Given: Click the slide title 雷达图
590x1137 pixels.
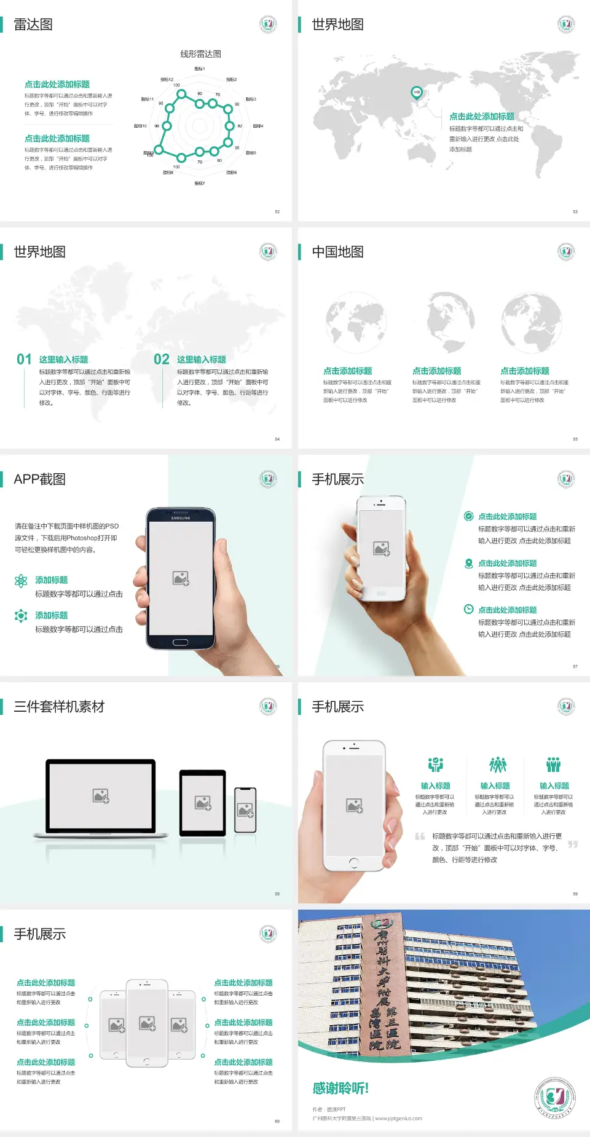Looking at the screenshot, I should (x=33, y=25).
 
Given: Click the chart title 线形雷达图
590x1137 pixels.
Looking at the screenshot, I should (x=200, y=54).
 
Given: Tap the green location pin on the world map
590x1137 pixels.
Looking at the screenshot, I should (x=416, y=93).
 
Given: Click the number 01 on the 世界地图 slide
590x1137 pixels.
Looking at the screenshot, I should (x=24, y=360).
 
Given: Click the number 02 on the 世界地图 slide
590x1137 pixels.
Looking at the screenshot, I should (x=162, y=360).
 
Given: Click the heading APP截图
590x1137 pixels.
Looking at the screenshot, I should (x=40, y=479).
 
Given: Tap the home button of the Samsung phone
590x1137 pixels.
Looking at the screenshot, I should (x=180, y=642).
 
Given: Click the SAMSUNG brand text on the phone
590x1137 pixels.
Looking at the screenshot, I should (x=180, y=518).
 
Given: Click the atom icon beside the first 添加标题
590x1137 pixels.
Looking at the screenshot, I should (x=21, y=581).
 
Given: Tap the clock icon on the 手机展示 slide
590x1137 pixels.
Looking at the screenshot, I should (x=468, y=609).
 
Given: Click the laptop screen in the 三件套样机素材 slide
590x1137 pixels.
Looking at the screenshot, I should (x=101, y=796).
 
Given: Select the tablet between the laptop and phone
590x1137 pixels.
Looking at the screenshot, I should (x=203, y=802).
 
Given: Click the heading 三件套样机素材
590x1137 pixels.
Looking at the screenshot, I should (x=59, y=707).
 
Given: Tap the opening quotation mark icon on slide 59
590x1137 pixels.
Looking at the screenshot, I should (x=420, y=836).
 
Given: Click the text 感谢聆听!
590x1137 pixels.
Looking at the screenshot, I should (x=340, y=1088).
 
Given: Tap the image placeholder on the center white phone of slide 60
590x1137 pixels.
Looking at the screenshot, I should (x=147, y=1023).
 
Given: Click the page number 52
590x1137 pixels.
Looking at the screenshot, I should (x=277, y=211).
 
